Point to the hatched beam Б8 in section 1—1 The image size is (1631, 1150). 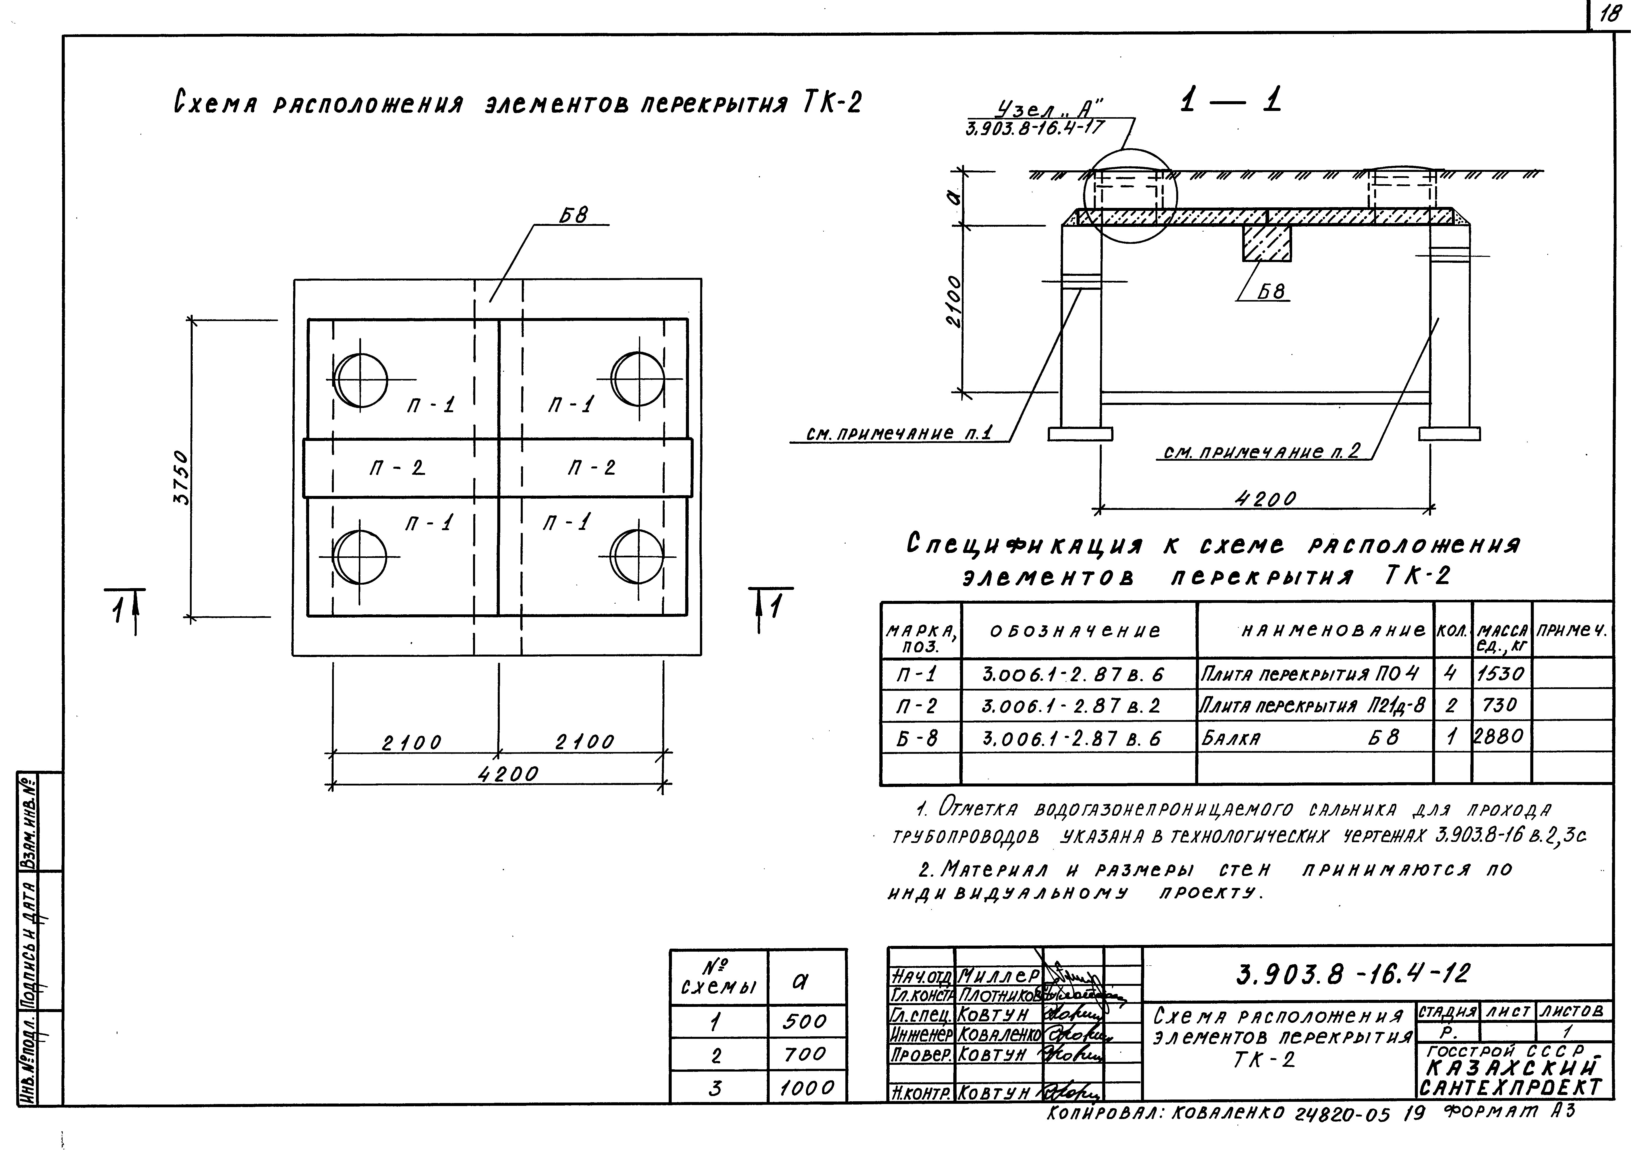[1267, 243]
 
